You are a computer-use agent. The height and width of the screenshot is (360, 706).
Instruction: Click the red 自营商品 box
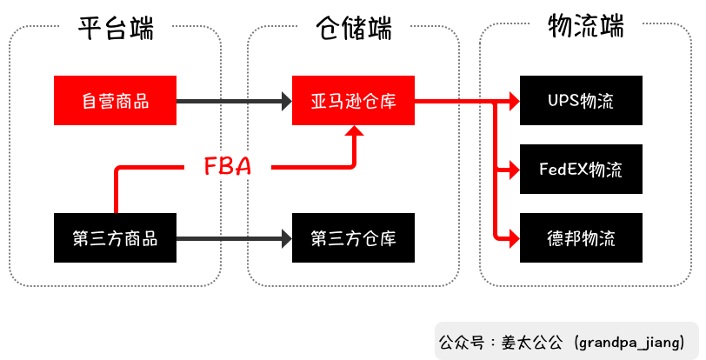115,101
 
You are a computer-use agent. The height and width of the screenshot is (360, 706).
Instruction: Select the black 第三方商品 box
115,237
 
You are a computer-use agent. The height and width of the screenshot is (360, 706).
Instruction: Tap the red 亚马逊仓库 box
353,101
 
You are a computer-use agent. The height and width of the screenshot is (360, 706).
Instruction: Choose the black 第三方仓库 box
353,237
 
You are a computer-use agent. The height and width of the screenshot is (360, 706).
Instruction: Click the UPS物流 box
580,101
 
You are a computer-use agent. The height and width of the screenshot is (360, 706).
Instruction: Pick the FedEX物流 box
580,169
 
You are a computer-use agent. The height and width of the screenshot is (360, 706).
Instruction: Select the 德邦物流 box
580,237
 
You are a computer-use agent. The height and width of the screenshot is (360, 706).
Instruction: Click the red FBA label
228,166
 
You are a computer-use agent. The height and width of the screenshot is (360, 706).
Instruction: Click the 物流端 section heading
586,27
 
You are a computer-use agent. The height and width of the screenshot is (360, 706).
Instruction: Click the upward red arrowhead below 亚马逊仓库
354,131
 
